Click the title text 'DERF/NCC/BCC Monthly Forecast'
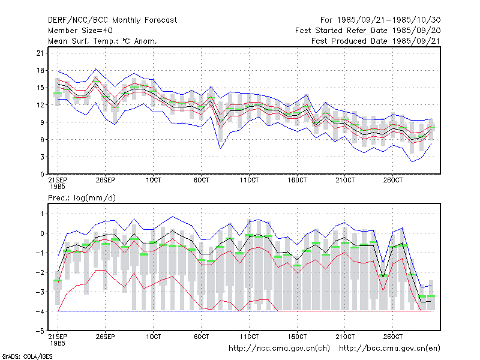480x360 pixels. [x=112, y=20]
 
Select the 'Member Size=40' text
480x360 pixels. [x=80, y=31]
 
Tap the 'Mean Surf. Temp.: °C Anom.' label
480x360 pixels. [x=102, y=41]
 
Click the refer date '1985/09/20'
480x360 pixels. [x=416, y=31]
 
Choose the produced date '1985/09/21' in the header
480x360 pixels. [x=416, y=41]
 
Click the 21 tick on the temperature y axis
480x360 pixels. [x=40, y=53]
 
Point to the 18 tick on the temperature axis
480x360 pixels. [x=40, y=70]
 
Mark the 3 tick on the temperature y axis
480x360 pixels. [x=42, y=157]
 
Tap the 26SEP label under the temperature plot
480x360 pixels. [x=106, y=180]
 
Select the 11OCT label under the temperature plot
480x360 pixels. [x=249, y=180]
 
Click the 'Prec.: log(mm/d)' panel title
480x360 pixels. [x=82, y=198]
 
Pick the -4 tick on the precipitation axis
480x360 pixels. [x=40, y=311]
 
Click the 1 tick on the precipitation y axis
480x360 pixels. [x=42, y=214]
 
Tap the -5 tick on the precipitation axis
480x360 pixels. [x=40, y=331]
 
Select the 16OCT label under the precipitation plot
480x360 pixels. [x=297, y=337]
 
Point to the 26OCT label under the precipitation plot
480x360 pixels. [x=393, y=337]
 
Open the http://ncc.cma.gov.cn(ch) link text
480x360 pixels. [x=279, y=349]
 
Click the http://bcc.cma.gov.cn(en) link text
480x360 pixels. [x=389, y=349]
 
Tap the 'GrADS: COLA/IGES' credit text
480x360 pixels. [x=27, y=356]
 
